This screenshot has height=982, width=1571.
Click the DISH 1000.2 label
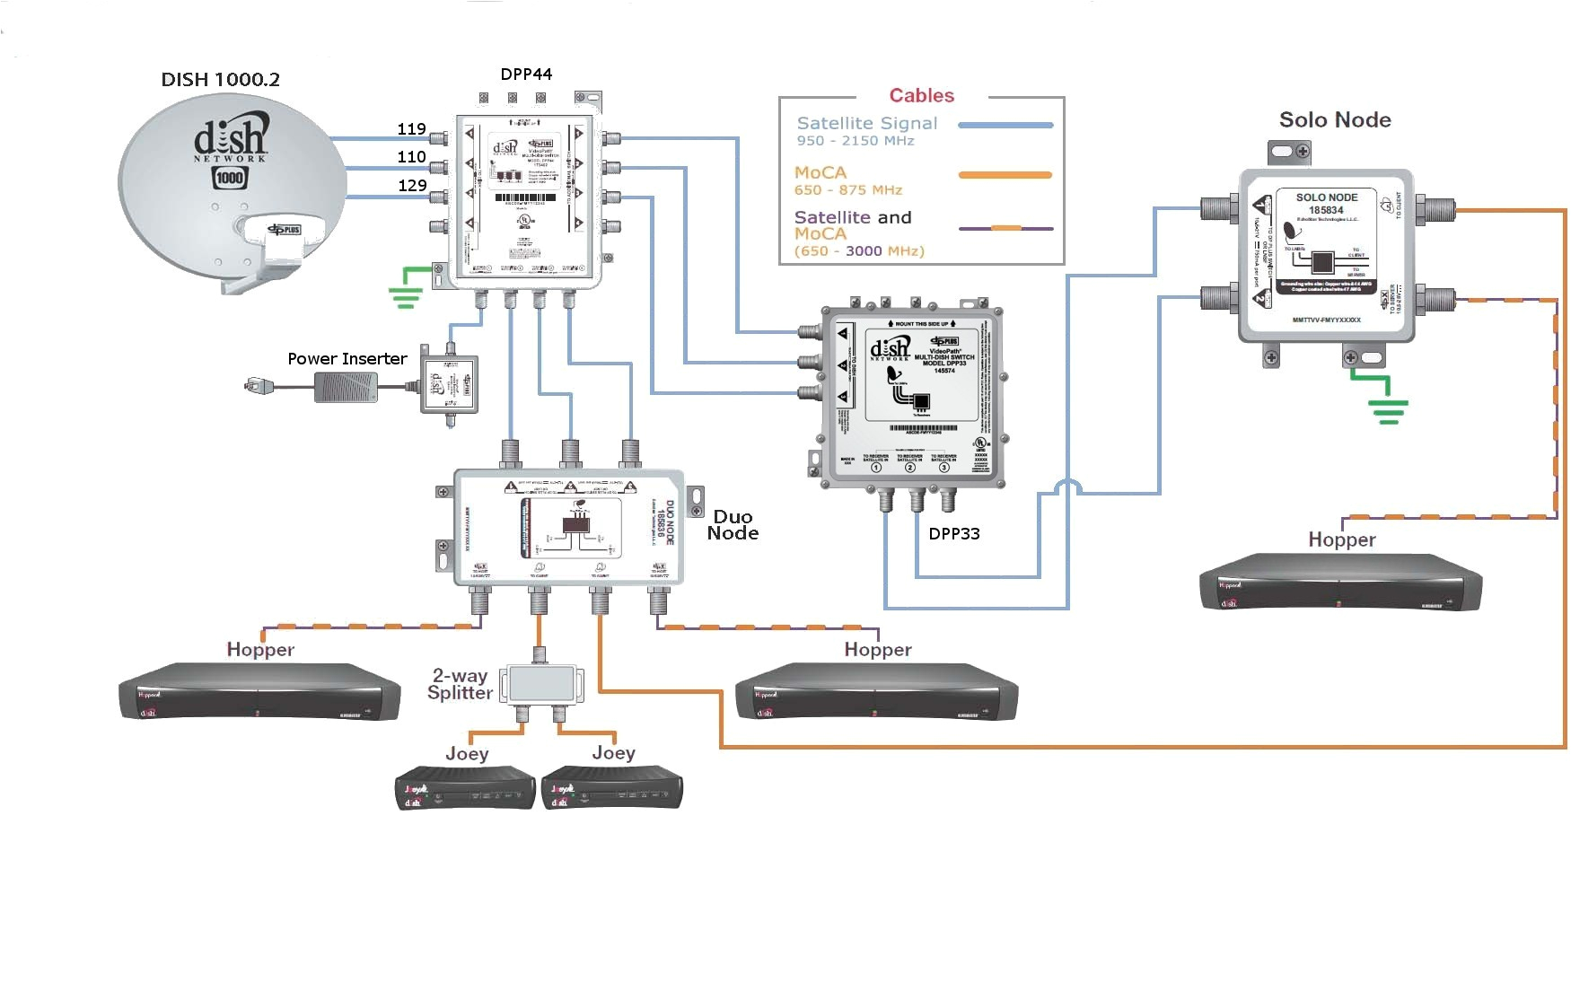coord(220,79)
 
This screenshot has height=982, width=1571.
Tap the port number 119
coord(411,128)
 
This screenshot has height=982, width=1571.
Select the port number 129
coord(412,185)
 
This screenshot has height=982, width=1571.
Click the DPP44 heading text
coord(526,74)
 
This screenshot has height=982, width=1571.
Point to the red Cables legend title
coord(921,95)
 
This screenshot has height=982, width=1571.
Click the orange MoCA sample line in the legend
coord(1005,175)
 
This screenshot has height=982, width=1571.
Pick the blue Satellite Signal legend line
coord(1005,126)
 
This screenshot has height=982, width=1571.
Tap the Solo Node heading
coord(1334,119)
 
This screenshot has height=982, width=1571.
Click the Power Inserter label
coord(347,358)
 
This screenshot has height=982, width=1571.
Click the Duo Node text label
coord(733,524)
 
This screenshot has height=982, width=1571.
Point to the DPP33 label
coord(953,533)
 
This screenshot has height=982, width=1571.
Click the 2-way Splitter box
coord(540,684)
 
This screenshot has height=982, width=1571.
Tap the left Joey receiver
coord(465,788)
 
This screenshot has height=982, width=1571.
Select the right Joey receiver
coord(612,788)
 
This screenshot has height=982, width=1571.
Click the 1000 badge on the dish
coord(230,178)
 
